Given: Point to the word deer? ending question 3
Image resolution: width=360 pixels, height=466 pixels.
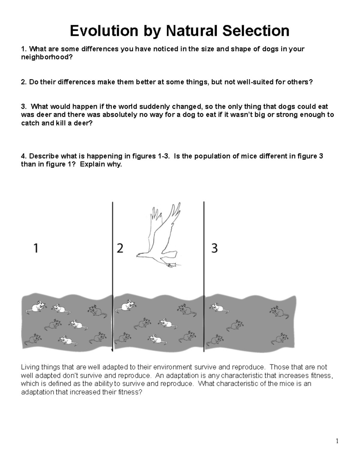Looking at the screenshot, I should [81, 123].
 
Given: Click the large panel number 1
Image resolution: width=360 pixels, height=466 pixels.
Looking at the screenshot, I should [36, 248].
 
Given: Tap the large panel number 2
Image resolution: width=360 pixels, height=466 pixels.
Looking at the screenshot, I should [120, 248].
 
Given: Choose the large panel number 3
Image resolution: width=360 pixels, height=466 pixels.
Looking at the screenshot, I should [214, 248].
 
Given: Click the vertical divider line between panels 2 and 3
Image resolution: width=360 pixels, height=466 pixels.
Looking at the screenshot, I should [204, 276].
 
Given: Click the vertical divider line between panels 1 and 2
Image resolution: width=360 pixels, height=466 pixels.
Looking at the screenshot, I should [112, 276].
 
